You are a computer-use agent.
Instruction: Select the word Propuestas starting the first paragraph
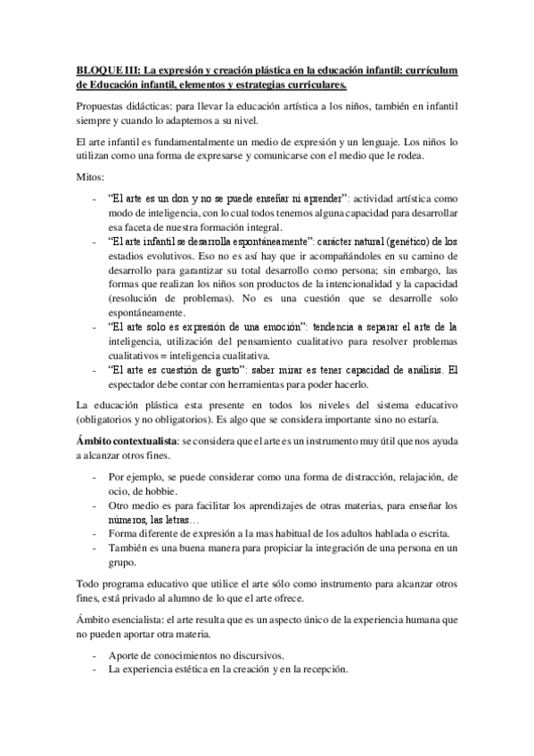[101, 105]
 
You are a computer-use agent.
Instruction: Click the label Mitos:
[89, 177]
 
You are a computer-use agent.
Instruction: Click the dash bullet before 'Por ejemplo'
[94, 477]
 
